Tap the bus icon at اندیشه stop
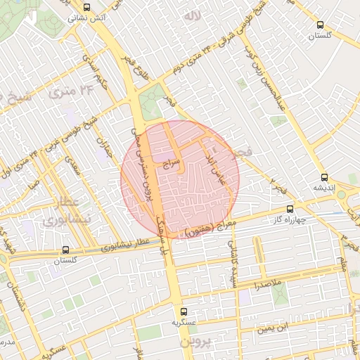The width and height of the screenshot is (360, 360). coord(323,178)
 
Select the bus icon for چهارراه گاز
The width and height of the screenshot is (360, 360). coord(290,209)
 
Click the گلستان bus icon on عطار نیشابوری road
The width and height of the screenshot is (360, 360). coord(65,250)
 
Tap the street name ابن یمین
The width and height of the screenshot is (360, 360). coord(271,328)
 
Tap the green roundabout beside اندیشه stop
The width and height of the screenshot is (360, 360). coord(342,195)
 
